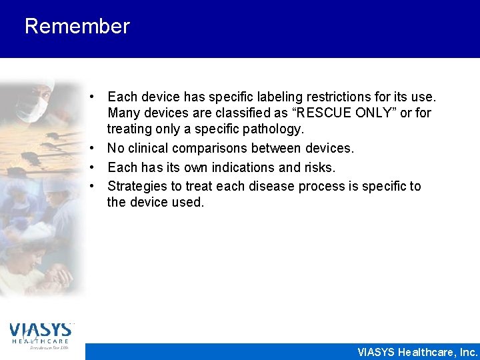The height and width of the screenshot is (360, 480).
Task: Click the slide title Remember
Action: pyautogui.click(x=77, y=27)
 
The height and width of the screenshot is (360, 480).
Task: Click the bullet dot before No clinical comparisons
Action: pyautogui.click(x=97, y=149)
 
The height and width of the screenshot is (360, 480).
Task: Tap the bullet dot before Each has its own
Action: pyautogui.click(x=97, y=167)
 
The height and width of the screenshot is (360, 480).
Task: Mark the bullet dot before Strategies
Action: pyautogui.click(x=97, y=186)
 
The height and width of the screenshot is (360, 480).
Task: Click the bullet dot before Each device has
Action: pyautogui.click(x=97, y=97)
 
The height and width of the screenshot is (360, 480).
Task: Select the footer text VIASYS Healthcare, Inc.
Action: pyautogui.click(x=417, y=352)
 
